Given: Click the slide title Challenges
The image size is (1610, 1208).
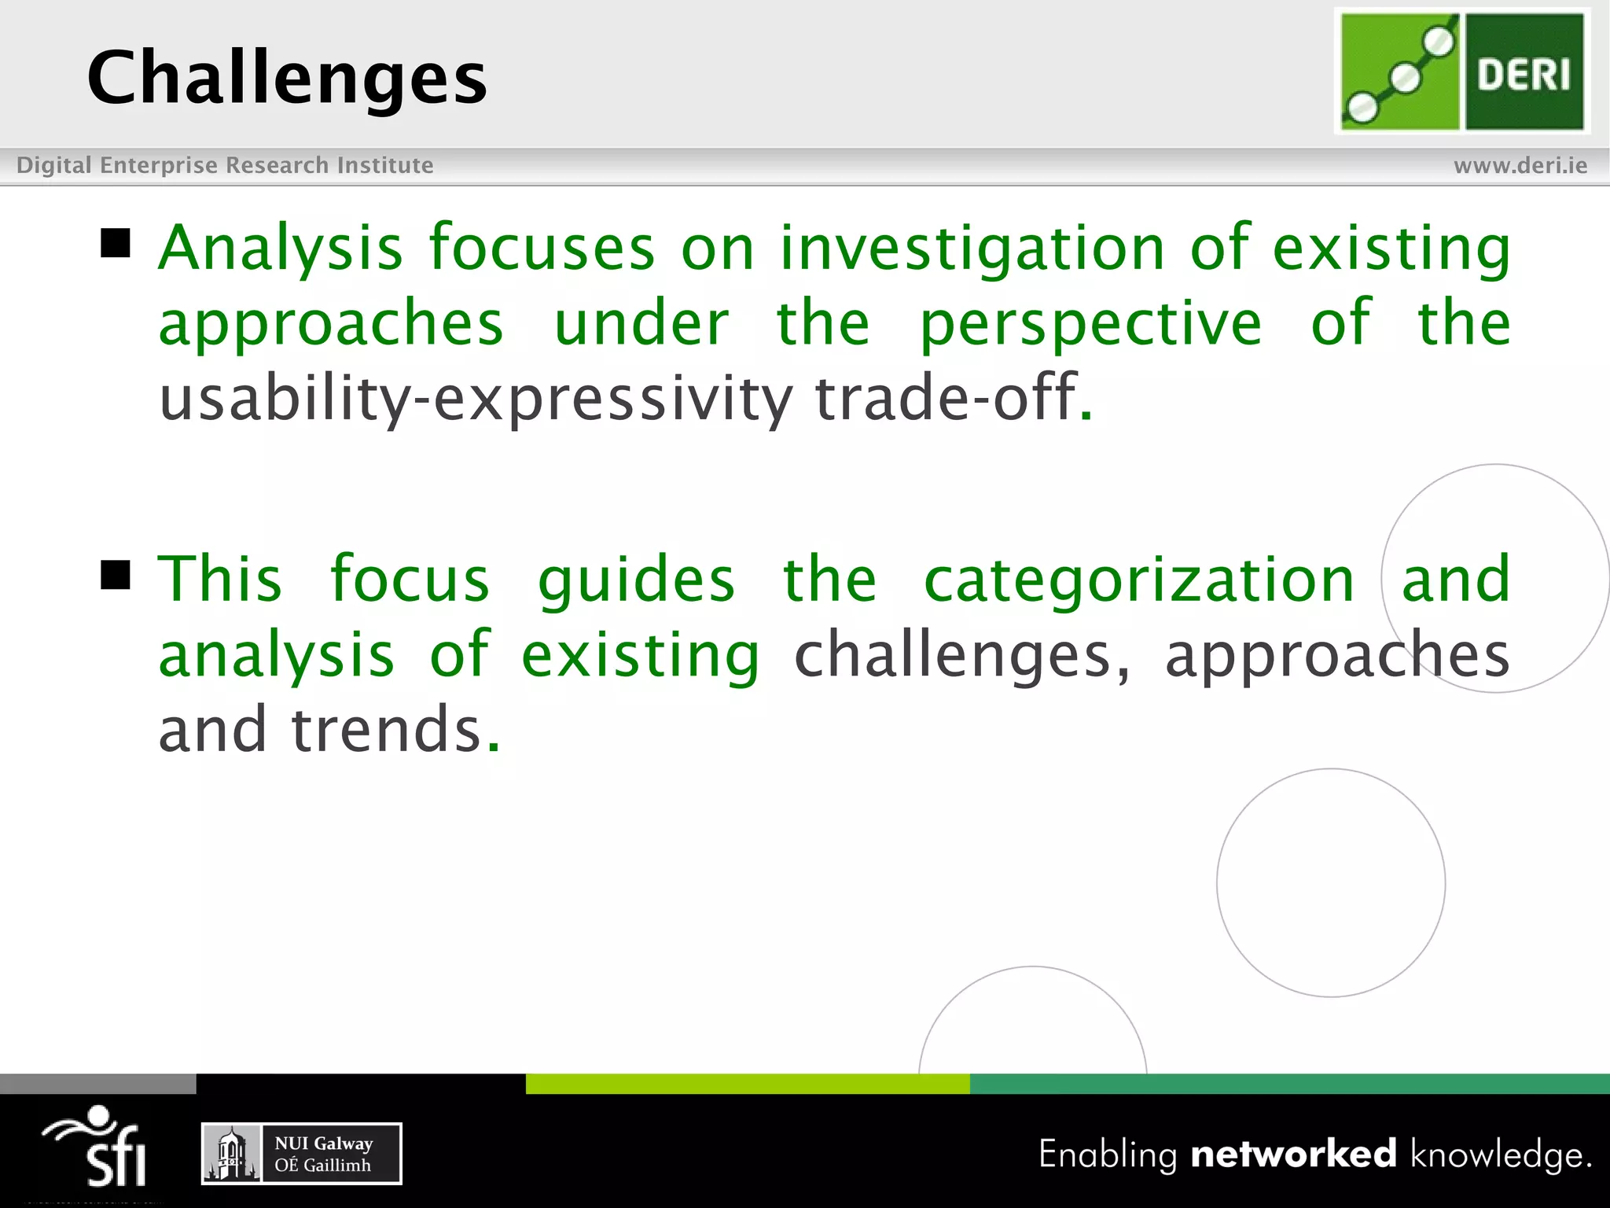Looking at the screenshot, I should pyautogui.click(x=287, y=79).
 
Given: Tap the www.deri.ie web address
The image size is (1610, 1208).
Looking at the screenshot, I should pyautogui.click(x=1520, y=165).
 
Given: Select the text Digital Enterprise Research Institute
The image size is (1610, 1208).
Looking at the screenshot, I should pyautogui.click(x=225, y=165).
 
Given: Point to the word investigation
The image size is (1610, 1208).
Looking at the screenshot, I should pyautogui.click(x=972, y=249).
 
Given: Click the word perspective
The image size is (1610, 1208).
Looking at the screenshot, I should pyautogui.click(x=1090, y=324).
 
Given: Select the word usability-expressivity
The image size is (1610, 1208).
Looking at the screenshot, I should pyautogui.click(x=475, y=399).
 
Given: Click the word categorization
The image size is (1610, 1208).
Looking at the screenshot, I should pyautogui.click(x=1139, y=580).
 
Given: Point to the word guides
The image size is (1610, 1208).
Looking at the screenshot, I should pyautogui.click(x=636, y=580).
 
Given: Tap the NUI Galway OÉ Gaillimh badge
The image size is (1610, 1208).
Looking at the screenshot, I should pyautogui.click(x=302, y=1153).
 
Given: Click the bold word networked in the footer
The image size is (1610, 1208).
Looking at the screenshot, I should pyautogui.click(x=1293, y=1154).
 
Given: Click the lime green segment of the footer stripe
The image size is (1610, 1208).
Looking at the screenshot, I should pyautogui.click(x=747, y=1084).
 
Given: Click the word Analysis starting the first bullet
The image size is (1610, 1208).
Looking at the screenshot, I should pyautogui.click(x=281, y=249).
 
